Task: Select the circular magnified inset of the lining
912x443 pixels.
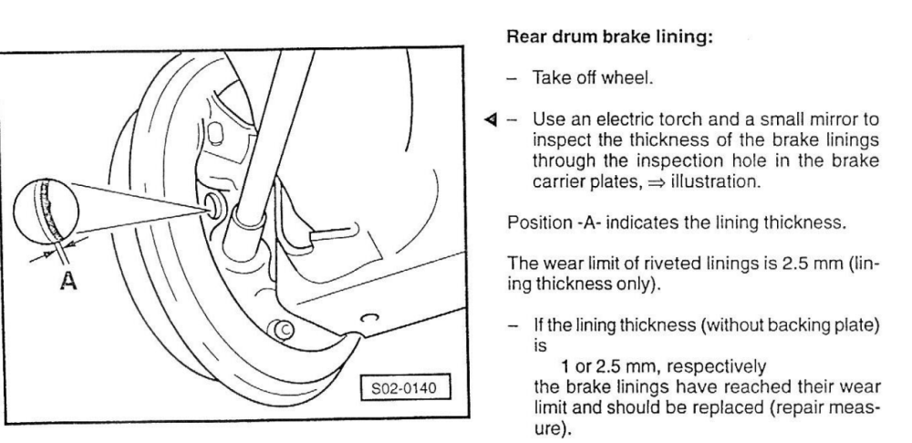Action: click(46, 210)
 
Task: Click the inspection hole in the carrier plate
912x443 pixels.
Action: click(213, 206)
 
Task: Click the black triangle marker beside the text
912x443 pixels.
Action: click(491, 119)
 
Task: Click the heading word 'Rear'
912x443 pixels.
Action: click(526, 37)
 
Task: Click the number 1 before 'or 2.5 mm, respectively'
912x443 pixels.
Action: click(565, 366)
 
